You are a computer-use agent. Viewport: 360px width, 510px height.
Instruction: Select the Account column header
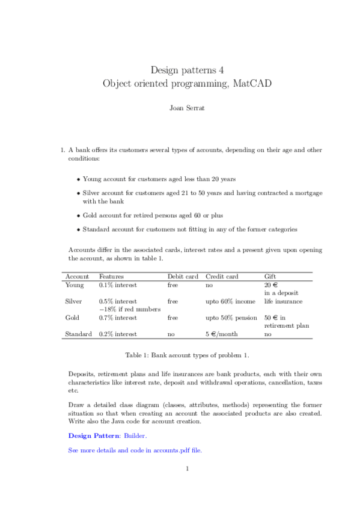(76, 276)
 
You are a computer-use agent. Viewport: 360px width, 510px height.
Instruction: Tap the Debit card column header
(183, 276)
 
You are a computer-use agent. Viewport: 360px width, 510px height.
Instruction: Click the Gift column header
(270, 276)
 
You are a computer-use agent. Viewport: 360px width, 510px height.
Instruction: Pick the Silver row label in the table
(73, 301)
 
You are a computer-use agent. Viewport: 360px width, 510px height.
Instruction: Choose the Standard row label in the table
(78, 333)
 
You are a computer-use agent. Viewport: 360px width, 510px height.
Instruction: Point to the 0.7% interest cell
(118, 317)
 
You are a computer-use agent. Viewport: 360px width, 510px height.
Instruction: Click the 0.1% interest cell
(118, 284)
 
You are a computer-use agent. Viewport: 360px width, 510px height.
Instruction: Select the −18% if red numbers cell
(130, 309)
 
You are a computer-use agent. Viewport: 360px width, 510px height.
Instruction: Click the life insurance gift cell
(283, 301)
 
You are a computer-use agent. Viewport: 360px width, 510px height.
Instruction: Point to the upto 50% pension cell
(231, 317)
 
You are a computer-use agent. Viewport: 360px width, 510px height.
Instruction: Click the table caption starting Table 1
(180, 355)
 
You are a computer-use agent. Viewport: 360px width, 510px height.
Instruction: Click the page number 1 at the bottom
(188, 469)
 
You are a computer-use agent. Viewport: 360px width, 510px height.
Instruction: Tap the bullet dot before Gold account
(79, 214)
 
